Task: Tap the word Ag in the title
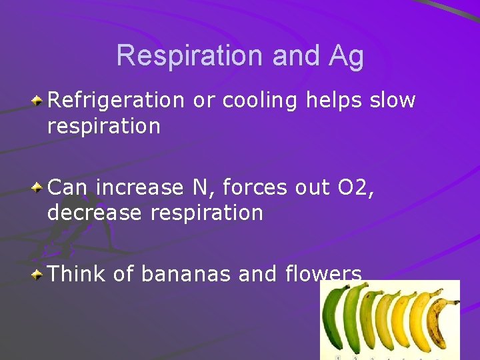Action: coord(345,56)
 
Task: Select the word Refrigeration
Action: coord(115,101)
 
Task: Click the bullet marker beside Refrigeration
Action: coord(39,101)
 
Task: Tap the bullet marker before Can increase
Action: coord(39,187)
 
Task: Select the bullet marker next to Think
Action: coord(39,273)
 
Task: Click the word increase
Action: coord(139,188)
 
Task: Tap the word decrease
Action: coord(94,213)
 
